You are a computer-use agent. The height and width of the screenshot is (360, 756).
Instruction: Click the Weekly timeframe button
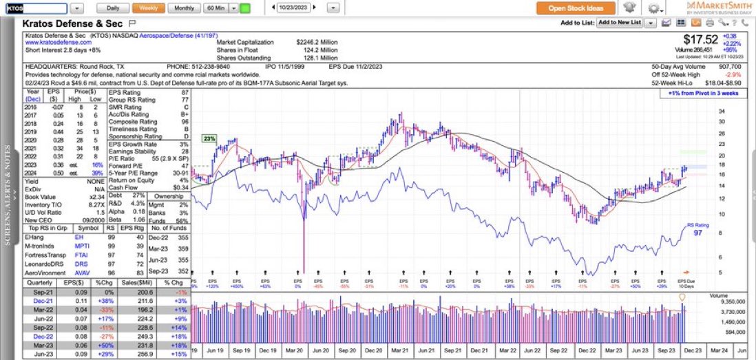point(148,8)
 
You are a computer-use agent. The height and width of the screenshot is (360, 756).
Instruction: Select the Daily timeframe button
point(112,8)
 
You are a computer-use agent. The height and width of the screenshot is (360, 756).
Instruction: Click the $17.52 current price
point(701,39)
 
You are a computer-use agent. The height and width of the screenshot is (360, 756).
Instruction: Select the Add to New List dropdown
point(620,23)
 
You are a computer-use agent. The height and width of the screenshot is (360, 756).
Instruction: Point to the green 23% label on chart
point(209,138)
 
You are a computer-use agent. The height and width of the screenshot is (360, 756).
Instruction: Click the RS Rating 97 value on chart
point(697,233)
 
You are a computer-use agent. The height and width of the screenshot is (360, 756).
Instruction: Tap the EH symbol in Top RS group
point(79,237)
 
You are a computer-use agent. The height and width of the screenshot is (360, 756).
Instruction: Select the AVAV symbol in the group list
point(81,273)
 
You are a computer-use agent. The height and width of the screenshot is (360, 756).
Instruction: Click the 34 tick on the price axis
point(720,111)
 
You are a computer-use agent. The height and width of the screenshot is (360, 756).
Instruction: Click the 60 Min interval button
point(215,8)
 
